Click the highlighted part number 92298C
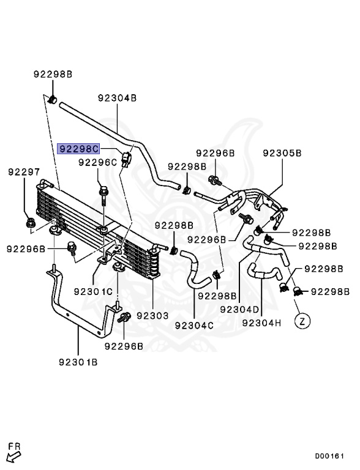(x=78, y=149)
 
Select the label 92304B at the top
(x=117, y=97)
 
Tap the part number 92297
(x=23, y=173)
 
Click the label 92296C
(x=97, y=163)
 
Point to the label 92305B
(x=282, y=153)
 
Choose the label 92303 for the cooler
(x=152, y=316)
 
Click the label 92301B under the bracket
(x=78, y=362)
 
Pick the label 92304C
(x=194, y=325)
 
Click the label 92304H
(x=261, y=323)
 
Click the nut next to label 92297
(x=29, y=221)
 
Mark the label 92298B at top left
(x=53, y=74)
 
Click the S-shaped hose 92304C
(x=195, y=272)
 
